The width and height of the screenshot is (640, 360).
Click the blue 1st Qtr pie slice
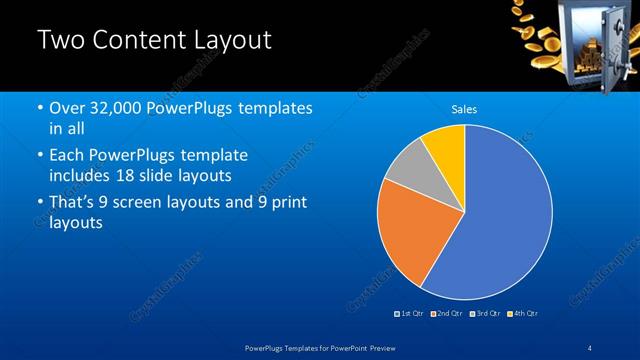pos(505,220)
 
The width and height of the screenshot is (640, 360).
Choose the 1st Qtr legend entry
pos(409,314)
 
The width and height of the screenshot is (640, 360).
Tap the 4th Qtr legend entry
pos(523,314)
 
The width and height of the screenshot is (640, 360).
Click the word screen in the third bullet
pos(156,203)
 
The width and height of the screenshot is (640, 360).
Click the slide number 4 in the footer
pos(590,346)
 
